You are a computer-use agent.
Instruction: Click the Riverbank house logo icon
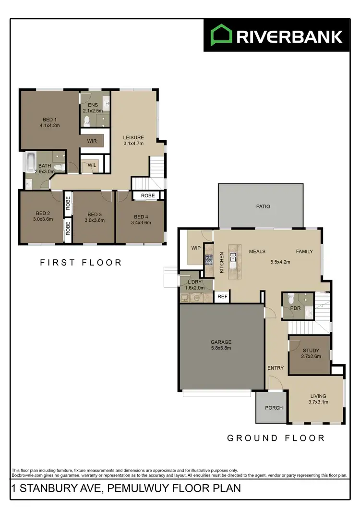click(x=221, y=36)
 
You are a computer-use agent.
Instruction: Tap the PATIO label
click(x=263, y=206)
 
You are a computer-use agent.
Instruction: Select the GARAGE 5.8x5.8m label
click(x=221, y=345)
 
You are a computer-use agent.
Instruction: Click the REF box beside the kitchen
click(x=222, y=297)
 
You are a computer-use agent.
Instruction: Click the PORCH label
click(x=274, y=408)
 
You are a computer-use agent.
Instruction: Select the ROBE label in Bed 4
click(x=148, y=196)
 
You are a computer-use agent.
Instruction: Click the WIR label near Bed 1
click(x=92, y=141)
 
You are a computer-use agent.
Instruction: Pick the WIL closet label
click(x=91, y=166)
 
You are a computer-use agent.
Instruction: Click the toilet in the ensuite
click(x=88, y=120)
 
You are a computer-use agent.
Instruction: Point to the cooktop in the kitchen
click(x=209, y=260)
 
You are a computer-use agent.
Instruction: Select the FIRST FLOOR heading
click(x=81, y=263)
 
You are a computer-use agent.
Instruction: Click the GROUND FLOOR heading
click(x=276, y=438)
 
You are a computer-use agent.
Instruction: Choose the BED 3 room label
click(x=94, y=217)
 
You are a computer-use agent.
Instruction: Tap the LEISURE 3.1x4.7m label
click(x=133, y=141)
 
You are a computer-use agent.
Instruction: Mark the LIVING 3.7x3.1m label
click(x=318, y=399)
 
